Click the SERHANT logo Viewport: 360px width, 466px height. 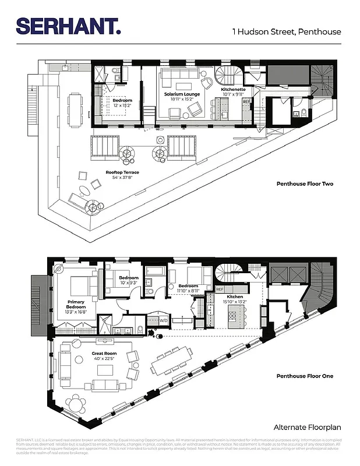[69, 26]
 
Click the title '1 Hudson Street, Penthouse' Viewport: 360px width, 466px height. [287, 31]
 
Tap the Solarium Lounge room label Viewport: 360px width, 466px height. [182, 94]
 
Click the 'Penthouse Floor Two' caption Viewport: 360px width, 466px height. [303, 184]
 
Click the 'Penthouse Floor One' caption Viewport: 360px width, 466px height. [305, 376]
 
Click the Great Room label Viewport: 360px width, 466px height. [104, 353]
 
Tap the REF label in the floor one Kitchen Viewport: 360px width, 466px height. [220, 289]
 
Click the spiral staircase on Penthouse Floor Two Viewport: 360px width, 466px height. [225, 76]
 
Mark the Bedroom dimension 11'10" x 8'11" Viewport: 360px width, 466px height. [188, 292]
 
